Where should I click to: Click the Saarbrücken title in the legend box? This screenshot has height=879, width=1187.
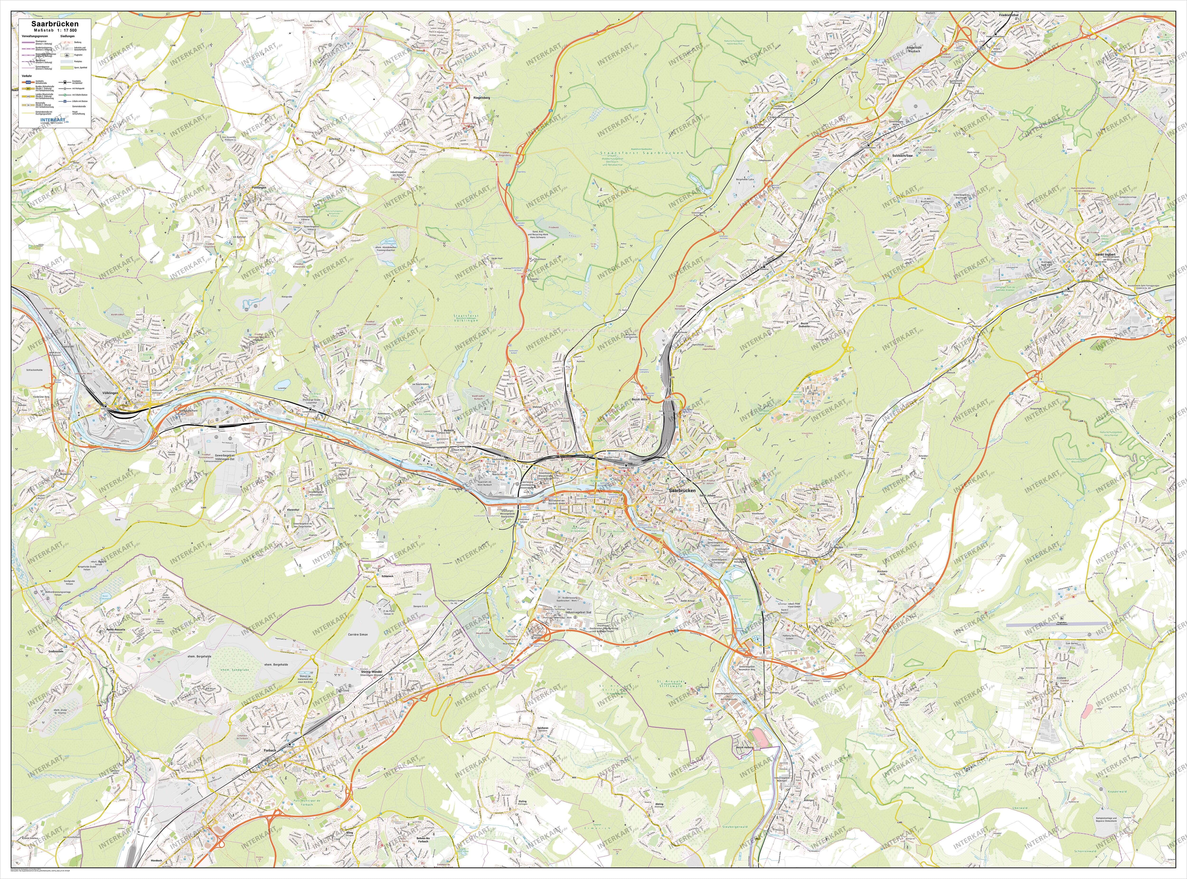tap(55, 24)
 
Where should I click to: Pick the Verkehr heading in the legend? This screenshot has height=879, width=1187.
tap(27, 76)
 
